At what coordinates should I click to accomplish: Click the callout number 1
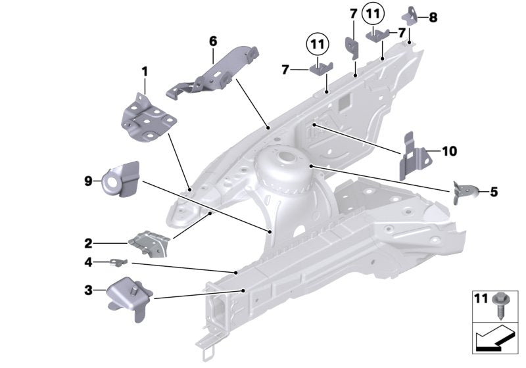[145, 70]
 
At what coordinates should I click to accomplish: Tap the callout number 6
[213, 41]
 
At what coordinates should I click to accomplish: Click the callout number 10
[449, 152]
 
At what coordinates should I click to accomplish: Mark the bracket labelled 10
[416, 155]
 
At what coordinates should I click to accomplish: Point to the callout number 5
[494, 192]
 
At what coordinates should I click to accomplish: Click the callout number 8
[433, 18]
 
